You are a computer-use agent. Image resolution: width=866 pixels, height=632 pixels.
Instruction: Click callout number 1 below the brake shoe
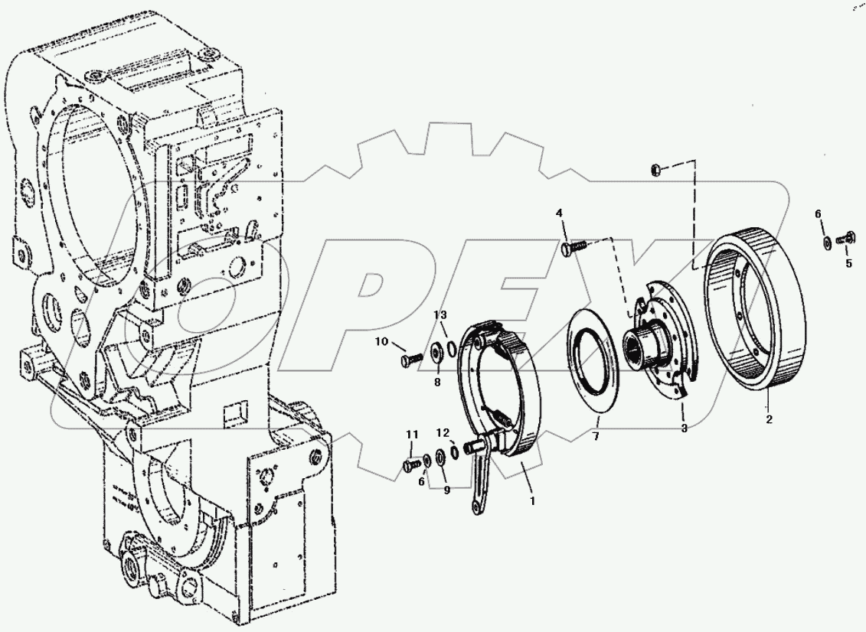(532, 503)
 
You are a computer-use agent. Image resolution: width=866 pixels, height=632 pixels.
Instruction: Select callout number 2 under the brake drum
(769, 419)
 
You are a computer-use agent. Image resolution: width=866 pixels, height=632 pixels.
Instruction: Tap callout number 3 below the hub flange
(684, 428)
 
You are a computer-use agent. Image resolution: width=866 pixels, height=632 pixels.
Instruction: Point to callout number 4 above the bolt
(559, 212)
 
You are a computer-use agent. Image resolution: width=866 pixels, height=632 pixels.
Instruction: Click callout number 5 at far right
(848, 264)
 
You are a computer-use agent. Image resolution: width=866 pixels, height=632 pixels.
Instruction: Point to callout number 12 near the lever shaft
(444, 432)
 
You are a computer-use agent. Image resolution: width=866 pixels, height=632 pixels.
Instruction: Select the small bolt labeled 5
(847, 239)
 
